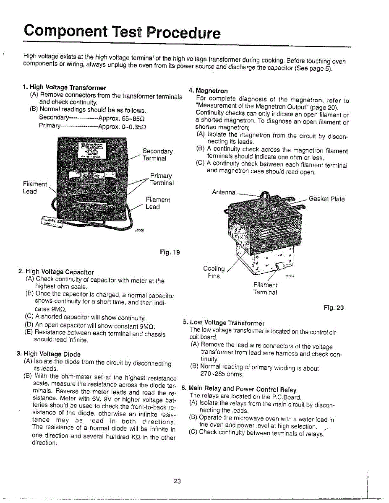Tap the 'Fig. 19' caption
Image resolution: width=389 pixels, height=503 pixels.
tap(170, 252)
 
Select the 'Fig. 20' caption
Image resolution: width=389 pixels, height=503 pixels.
tap(334, 307)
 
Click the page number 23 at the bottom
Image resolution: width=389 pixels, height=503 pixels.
tap(177, 482)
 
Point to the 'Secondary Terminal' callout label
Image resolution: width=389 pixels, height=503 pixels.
tap(157, 155)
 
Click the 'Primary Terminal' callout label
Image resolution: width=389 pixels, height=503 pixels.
tap(162, 179)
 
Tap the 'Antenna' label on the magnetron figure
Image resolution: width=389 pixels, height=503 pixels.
tap(224, 192)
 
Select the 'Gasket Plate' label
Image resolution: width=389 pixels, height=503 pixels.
tap(326, 199)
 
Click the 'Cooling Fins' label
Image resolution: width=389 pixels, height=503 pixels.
tap(214, 272)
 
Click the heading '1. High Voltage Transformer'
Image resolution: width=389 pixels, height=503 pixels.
tap(65, 88)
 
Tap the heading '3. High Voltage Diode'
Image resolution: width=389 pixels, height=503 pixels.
tap(48, 354)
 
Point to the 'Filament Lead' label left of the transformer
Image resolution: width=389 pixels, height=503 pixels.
tap(30, 187)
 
